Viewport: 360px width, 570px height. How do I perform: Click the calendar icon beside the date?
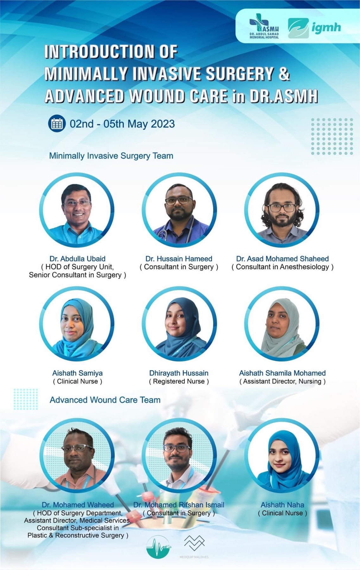[x=57, y=123]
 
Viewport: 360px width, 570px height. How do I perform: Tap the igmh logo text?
[x=326, y=28]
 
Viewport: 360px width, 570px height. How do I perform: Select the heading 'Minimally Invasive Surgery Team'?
[x=111, y=156]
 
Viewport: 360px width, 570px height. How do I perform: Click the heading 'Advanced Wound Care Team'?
[x=105, y=400]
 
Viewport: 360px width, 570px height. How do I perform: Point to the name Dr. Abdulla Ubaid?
[x=77, y=259]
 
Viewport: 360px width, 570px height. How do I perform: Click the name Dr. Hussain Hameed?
[x=179, y=259]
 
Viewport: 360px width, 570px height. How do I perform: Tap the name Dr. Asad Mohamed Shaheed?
[x=282, y=259]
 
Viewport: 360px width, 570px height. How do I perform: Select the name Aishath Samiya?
[x=78, y=373]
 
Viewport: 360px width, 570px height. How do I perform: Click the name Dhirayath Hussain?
[x=179, y=373]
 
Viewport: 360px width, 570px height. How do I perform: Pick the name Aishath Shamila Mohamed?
[x=282, y=373]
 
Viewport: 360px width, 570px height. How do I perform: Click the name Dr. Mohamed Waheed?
[x=78, y=505]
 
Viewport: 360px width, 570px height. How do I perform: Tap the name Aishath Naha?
[x=282, y=505]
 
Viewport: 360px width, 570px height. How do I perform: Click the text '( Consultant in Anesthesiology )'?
[x=282, y=267]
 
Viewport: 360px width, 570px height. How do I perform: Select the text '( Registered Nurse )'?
[x=179, y=381]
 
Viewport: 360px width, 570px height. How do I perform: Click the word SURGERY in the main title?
[x=240, y=74]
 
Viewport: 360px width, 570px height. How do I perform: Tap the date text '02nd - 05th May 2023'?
[x=122, y=124]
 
